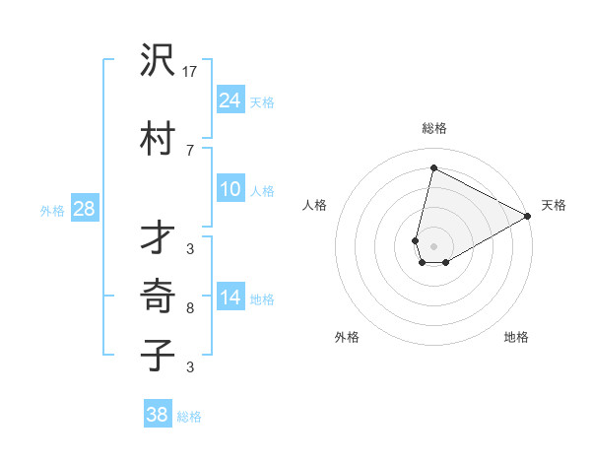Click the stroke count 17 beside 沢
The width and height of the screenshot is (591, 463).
[x=190, y=71]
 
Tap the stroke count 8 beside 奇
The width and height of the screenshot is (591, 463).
[x=190, y=308]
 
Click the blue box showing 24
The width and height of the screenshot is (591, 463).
[x=230, y=100]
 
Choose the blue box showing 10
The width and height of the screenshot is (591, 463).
[x=230, y=190]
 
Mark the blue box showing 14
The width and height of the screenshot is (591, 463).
[x=230, y=298]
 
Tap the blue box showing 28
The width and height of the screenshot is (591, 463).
[x=84, y=209]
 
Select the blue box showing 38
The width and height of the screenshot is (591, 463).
[x=158, y=415]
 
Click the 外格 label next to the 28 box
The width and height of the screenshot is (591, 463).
[x=52, y=210]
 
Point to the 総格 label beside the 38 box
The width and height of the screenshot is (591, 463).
[x=189, y=417]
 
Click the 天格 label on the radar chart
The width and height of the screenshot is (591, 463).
[x=554, y=206]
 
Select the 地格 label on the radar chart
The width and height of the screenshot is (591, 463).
[x=516, y=337]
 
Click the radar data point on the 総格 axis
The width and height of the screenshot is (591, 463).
[x=433, y=168]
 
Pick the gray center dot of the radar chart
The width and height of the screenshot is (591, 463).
[x=433, y=246]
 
